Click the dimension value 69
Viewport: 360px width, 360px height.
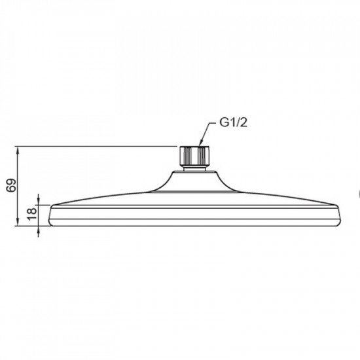[x=10, y=186]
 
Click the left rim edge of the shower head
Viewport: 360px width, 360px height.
[x=50, y=215]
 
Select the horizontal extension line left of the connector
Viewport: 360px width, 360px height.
[x=98, y=145]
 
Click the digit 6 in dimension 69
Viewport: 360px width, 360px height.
[x=10, y=189]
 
